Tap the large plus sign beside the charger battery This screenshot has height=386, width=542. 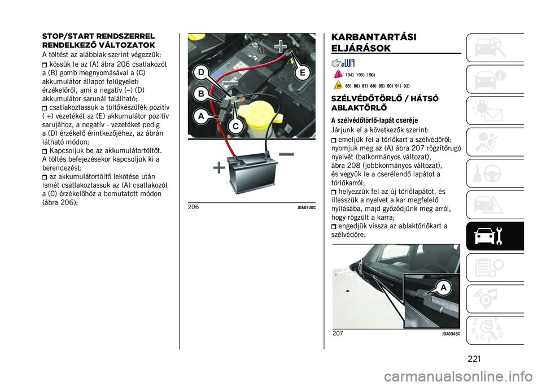[x=217, y=167]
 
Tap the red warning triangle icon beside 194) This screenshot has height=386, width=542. [x=338, y=74]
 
